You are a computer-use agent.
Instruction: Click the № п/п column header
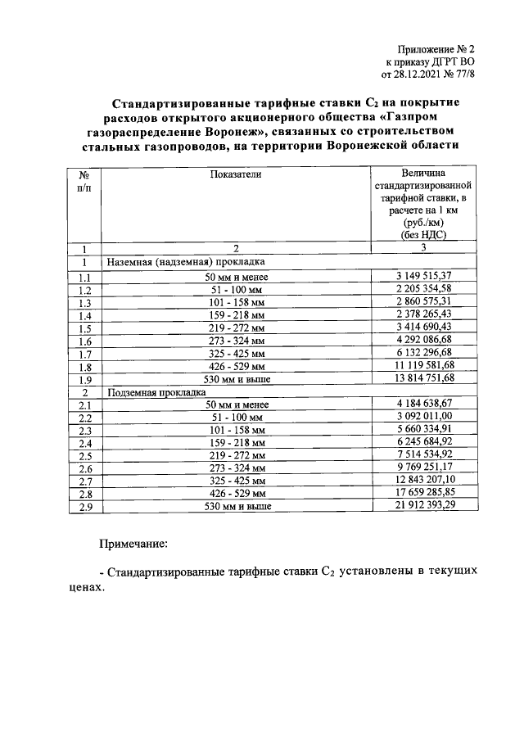pyautogui.click(x=84, y=181)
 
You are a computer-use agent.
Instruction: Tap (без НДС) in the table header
pyautogui.click(x=422, y=234)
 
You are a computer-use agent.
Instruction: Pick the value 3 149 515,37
pyautogui.click(x=422, y=277)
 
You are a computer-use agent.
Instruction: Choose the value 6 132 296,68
pyautogui.click(x=422, y=353)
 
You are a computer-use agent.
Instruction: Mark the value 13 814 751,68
pyautogui.click(x=422, y=379)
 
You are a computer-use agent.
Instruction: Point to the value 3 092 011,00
pyautogui.click(x=422, y=417)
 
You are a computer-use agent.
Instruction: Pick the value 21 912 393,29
pyautogui.click(x=422, y=506)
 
